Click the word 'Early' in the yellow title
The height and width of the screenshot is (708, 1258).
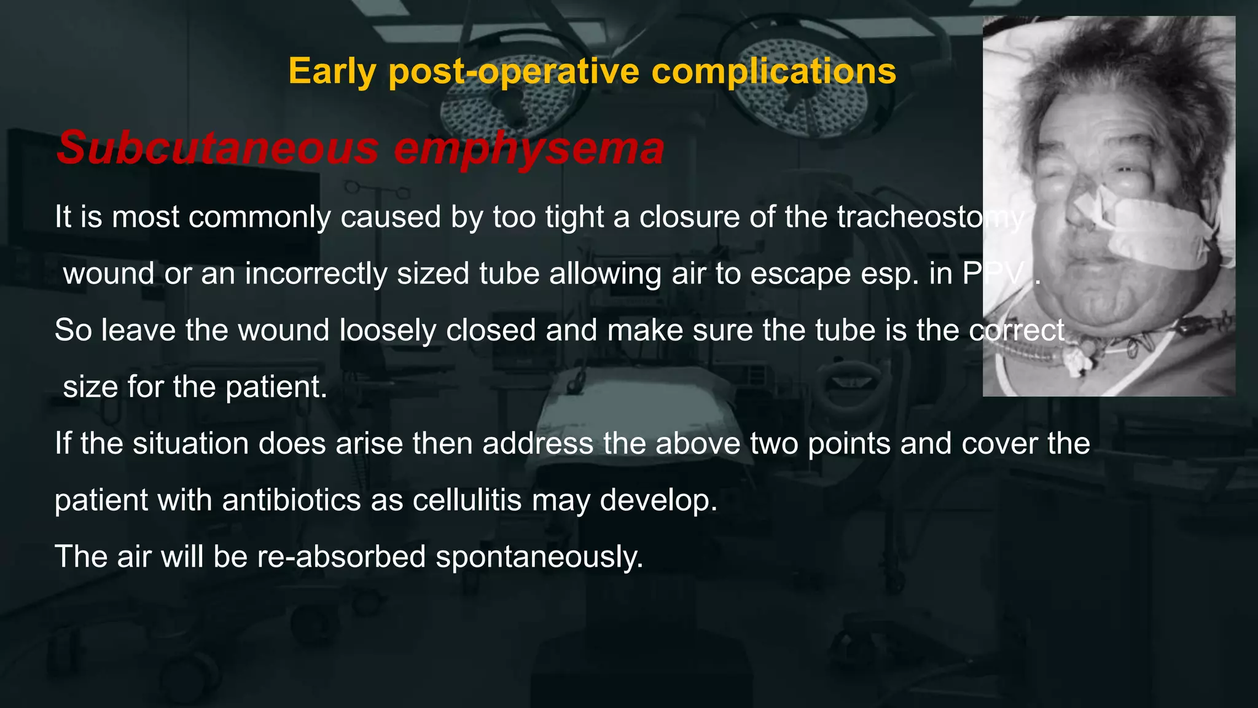332,71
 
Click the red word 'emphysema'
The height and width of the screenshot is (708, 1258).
529,148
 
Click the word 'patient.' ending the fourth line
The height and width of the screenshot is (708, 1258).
276,387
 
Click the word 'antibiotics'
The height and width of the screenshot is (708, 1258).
291,500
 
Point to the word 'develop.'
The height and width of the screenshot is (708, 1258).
658,500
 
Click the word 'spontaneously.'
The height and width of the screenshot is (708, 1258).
539,557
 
